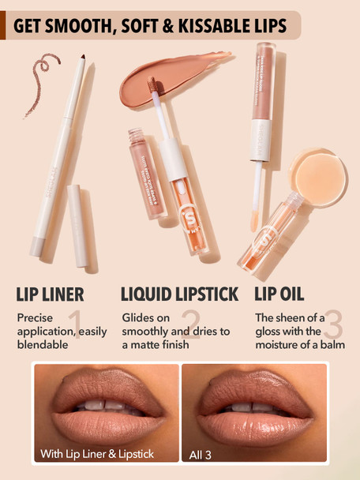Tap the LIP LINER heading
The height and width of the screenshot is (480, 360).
[x=51, y=294]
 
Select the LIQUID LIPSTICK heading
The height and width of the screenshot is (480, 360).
[x=179, y=294]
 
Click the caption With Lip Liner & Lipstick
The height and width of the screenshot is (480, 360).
[x=97, y=454]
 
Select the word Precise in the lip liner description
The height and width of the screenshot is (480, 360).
[x=35, y=317]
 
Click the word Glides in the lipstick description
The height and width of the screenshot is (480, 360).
[x=138, y=317]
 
